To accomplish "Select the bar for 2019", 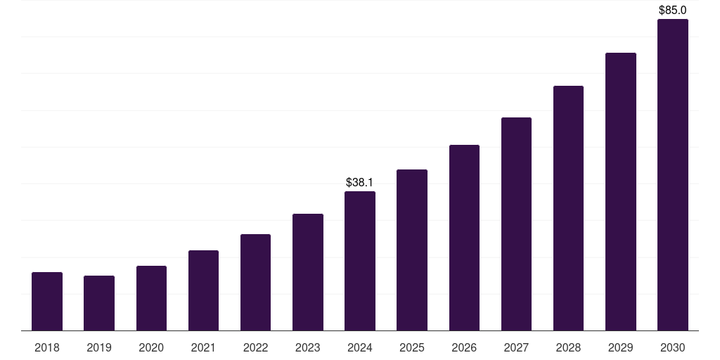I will (x=99, y=303).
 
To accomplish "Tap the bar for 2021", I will (x=203, y=290).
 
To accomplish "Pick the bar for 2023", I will (x=308, y=272).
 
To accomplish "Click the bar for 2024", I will (x=360, y=261).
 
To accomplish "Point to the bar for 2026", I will (x=464, y=238).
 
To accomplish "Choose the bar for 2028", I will (x=568, y=208).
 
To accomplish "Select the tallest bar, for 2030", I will (x=672, y=175).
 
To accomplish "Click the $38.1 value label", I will (x=360, y=183).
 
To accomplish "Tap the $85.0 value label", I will (x=672, y=11).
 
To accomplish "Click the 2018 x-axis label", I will (x=47, y=347).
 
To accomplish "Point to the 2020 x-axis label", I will (x=151, y=347).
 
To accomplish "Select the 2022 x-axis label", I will (x=255, y=347).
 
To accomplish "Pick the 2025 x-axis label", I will (x=412, y=347).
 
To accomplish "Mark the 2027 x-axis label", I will (x=516, y=347).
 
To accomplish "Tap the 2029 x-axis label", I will (x=620, y=347).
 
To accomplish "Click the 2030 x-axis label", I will (x=672, y=347).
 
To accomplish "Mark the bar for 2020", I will (x=151, y=298).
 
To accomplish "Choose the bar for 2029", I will (x=620, y=192).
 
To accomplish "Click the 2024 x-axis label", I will (x=360, y=347).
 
